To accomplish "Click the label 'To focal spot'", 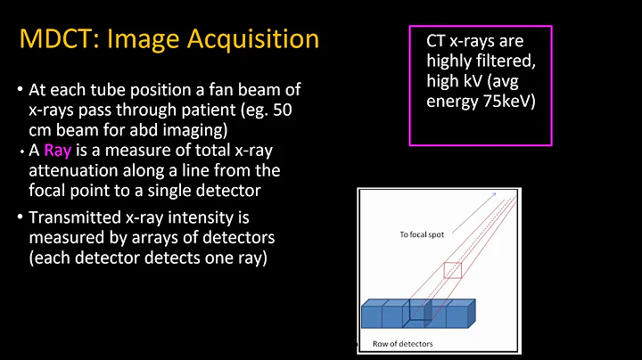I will coord(420,235).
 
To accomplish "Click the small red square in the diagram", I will coord(453,269).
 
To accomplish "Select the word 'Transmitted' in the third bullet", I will coord(74,218).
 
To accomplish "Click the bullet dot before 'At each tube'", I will coord(20,91).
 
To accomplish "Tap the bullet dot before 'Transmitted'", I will coord(20,219).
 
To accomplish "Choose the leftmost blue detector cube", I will coord(372,315).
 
